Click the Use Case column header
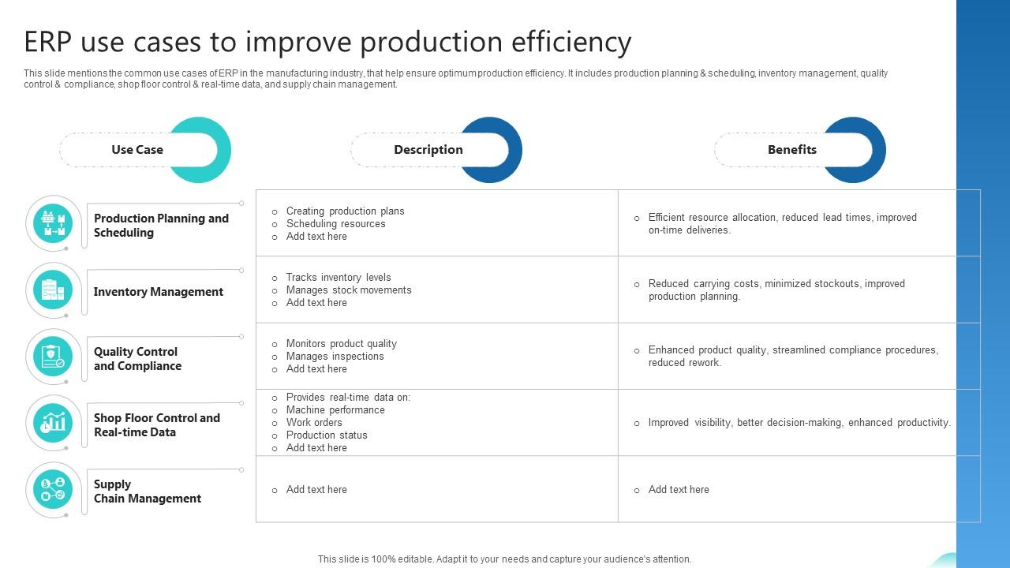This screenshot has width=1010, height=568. coord(137,150)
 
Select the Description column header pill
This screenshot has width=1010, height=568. coord(428,150)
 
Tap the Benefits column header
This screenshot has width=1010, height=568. coord(792,150)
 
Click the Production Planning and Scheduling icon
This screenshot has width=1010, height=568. coord(54,223)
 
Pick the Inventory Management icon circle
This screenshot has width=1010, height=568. coord(54,290)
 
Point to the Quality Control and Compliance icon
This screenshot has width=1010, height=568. coord(54,357)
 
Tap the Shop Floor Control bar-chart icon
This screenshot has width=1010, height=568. coord(54,423)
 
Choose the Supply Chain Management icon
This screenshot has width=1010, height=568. coord(54,489)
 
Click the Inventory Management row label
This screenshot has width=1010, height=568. coord(158,292)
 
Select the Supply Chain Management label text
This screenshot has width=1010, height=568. coord(147,491)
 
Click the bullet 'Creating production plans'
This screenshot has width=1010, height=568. coord(345,211)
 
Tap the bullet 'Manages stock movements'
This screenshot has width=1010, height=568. coord(348,290)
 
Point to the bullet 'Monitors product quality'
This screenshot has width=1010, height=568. coord(341,344)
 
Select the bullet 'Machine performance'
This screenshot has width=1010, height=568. coord(335,410)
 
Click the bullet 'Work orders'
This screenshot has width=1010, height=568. coord(314,423)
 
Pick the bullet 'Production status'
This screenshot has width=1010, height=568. coord(327,435)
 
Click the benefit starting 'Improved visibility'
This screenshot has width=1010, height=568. coord(799,423)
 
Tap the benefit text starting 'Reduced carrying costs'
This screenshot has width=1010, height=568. coord(776,290)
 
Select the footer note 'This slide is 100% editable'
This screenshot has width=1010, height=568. coord(504,559)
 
